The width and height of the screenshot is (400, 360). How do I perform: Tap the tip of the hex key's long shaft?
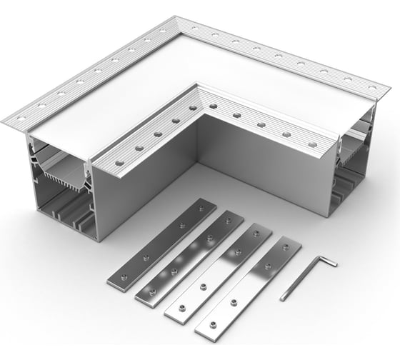coord(283,298)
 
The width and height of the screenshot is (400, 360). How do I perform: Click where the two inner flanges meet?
coord(199,92)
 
